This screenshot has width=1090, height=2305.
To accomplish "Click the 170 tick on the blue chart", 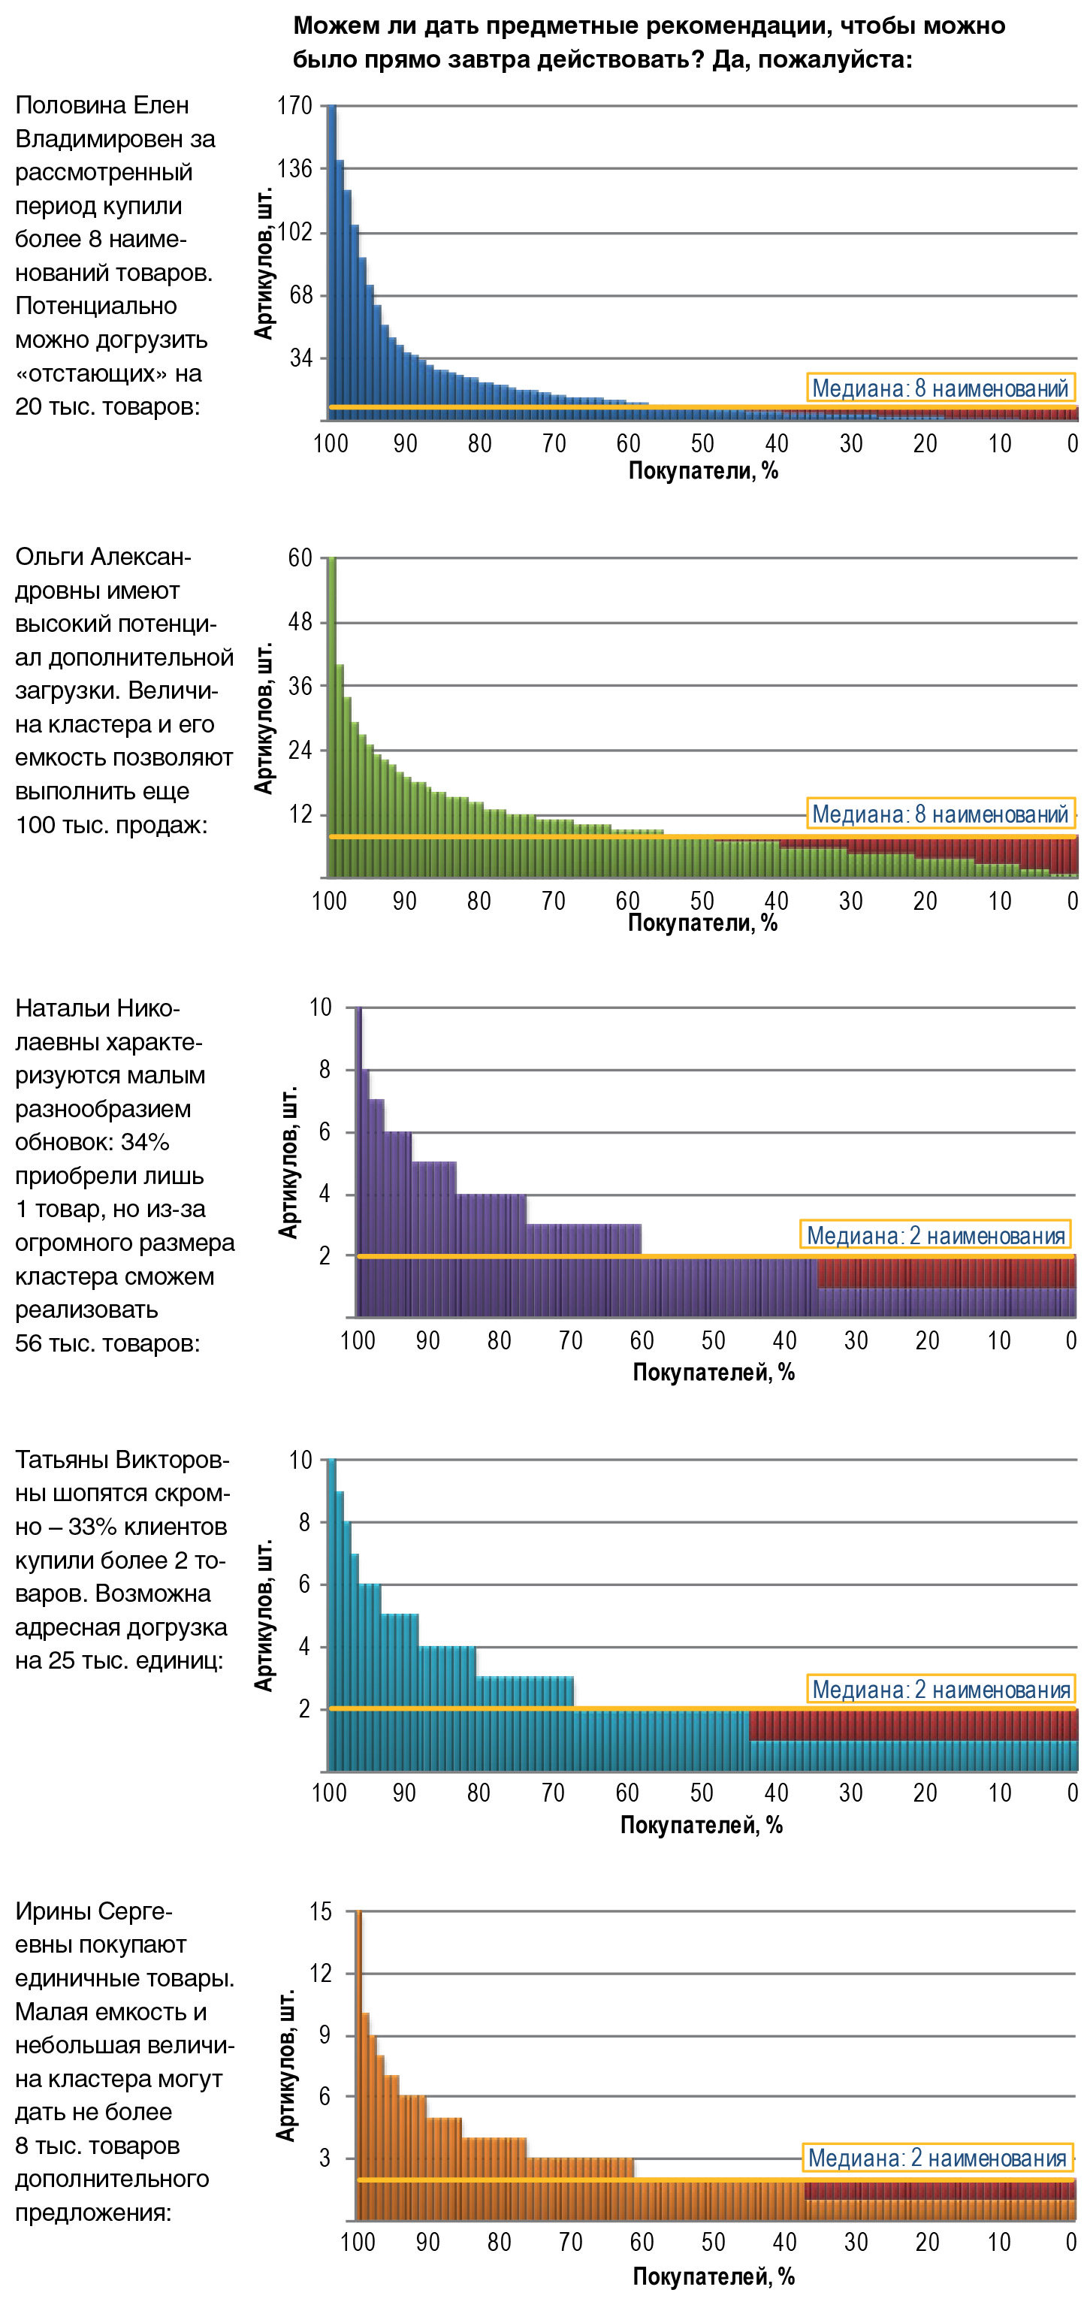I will click(x=294, y=106).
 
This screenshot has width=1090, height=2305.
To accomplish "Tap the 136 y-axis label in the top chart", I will click(x=294, y=169).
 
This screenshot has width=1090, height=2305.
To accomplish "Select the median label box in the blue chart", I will click(x=940, y=388).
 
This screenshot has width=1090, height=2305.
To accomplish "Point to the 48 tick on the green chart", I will click(x=300, y=622).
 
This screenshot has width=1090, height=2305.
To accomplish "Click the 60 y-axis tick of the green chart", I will click(x=300, y=558).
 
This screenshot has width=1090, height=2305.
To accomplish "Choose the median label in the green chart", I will click(x=940, y=814).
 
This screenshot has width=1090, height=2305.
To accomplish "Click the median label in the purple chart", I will click(x=935, y=1236).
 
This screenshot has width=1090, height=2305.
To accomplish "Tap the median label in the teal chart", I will click(x=941, y=1690).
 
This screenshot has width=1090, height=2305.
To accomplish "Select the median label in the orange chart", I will click(x=936, y=2158).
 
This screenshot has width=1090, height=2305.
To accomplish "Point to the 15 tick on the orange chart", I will click(x=320, y=1912).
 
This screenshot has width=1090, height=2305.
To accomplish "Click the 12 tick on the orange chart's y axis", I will click(x=320, y=1973).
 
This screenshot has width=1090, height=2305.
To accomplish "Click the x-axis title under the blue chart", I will click(x=702, y=472).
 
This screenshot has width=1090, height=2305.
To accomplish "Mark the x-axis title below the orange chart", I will click(x=713, y=2276).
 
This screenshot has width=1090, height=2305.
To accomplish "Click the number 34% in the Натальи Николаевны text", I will click(x=145, y=1143).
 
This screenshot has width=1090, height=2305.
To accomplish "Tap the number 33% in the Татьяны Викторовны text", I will click(x=94, y=1527).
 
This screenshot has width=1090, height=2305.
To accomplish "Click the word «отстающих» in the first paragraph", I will click(x=93, y=373).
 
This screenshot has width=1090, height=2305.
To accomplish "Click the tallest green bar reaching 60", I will click(x=331, y=716).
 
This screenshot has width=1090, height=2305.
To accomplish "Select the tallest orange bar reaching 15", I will click(x=359, y=2067).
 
